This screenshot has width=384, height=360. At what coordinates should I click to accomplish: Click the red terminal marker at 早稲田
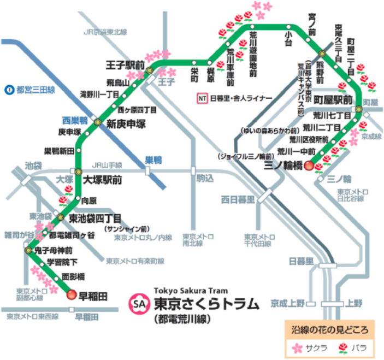[x=72, y=296]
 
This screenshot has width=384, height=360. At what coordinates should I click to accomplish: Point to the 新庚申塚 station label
[x=126, y=123]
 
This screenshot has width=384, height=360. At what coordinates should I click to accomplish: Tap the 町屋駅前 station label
[x=334, y=101]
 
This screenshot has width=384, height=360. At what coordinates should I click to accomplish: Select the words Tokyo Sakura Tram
[x=190, y=291]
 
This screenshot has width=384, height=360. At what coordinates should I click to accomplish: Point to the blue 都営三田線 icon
[x=8, y=89]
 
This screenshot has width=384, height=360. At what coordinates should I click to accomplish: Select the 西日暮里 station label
[x=238, y=198]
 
